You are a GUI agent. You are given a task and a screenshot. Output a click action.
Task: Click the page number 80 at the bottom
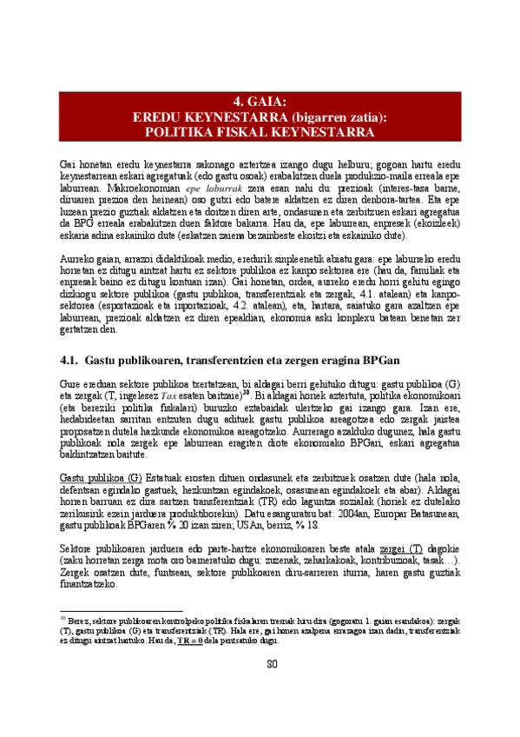(260, 666)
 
